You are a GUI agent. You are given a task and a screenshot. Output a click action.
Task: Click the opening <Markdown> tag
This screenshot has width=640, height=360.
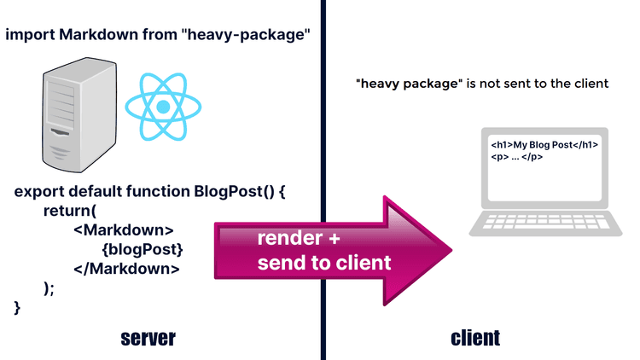tap(124, 230)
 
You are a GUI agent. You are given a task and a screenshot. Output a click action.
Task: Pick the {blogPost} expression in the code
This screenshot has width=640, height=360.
tap(142, 249)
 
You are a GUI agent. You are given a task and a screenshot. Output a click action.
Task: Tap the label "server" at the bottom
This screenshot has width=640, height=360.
tap(148, 338)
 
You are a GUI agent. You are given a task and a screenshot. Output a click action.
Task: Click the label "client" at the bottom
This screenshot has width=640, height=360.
tap(475, 338)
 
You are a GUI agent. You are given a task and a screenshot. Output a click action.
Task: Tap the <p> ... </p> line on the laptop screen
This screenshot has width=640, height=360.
tap(517, 158)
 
